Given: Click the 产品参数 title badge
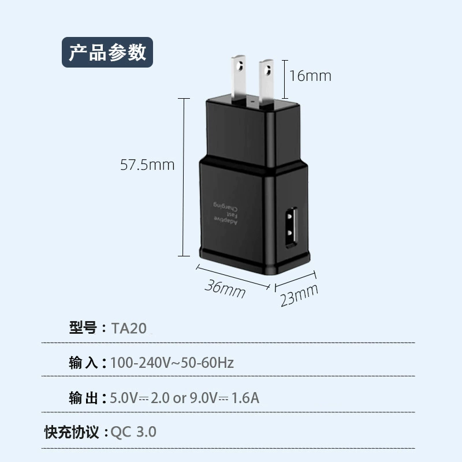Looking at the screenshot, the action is tap(107, 52).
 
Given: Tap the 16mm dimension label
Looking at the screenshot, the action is tap(310, 76).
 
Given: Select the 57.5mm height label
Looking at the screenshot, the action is tap(147, 165).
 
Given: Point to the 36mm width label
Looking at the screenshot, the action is tap(225, 289).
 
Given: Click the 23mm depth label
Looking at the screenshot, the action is tap(299, 295).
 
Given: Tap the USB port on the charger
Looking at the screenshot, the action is tap(291, 227).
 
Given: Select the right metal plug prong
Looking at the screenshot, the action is tap(266, 83).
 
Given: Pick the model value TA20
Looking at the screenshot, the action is tap(129, 328).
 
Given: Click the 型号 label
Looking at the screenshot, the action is tap(83, 327).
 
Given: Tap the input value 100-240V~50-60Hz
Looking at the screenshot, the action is tap(172, 363).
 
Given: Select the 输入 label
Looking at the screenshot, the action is tap(83, 363).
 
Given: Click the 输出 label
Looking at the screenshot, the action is tap(83, 398).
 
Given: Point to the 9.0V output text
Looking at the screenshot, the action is tap(204, 398).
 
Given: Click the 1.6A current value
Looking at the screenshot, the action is tap(245, 398).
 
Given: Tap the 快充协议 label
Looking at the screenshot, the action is tap(72, 432).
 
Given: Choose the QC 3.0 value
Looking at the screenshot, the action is tap(133, 432).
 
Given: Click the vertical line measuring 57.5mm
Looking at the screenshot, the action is tap(184, 177).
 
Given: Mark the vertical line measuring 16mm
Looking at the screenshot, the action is tap(285, 79).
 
